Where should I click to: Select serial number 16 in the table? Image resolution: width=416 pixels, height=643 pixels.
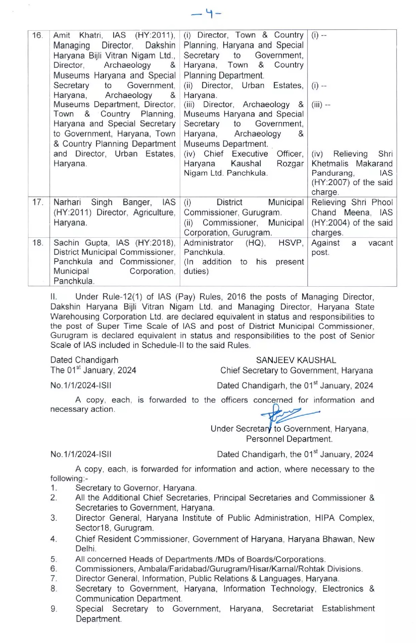coord(38,35)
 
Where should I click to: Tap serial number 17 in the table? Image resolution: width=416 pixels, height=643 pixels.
coord(38,202)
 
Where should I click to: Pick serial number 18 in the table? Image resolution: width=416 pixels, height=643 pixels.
coord(38,243)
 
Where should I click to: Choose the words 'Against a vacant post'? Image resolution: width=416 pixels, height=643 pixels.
coord(351,247)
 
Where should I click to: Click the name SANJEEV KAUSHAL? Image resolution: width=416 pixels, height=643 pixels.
coord(296,360)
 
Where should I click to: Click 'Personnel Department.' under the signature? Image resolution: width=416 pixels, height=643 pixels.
coord(289,439)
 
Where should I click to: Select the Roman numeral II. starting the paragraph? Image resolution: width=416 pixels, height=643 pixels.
coord(54,297)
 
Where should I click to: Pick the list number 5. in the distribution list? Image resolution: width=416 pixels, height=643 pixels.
coord(54,559)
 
